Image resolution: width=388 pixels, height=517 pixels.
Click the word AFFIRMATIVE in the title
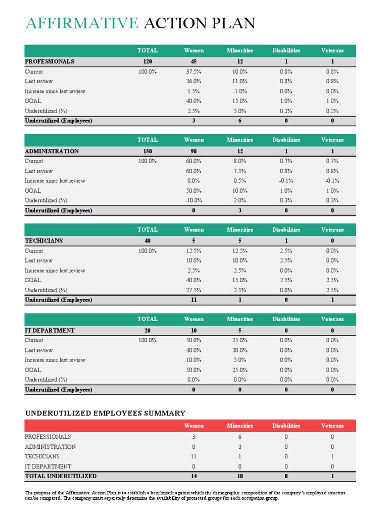coord(82,23)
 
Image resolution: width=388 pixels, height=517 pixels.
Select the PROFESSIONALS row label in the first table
coord(50,62)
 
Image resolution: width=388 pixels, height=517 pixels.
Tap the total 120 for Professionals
coord(148,62)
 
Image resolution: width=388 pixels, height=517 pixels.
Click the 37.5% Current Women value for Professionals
coord(194,72)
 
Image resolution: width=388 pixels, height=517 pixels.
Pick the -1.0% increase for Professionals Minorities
coord(240,91)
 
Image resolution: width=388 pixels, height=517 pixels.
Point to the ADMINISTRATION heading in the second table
coord(52,151)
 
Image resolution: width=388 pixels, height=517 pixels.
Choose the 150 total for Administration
coord(148,151)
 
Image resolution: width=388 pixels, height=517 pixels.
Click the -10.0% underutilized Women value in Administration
coord(194,200)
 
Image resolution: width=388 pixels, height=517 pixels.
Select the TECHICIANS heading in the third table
coord(44,241)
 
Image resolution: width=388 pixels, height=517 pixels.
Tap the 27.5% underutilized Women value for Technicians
coord(194,290)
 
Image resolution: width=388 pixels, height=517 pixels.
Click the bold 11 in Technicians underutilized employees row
coord(194,300)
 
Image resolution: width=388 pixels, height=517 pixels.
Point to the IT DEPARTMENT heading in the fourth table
coord(50,331)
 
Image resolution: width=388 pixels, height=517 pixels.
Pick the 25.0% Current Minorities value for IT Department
coord(240,340)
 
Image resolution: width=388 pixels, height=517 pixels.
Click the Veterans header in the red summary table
coord(332,426)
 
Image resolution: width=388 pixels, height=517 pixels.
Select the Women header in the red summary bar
coord(194,426)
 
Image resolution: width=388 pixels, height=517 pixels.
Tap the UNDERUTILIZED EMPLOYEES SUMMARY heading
coord(105,413)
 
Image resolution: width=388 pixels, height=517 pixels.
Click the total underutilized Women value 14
coord(194,476)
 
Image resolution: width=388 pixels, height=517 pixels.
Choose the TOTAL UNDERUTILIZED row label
coord(61,476)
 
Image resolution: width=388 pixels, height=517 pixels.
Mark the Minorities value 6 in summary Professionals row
coord(240,437)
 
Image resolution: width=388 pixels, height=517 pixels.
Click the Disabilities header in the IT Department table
coord(286,319)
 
